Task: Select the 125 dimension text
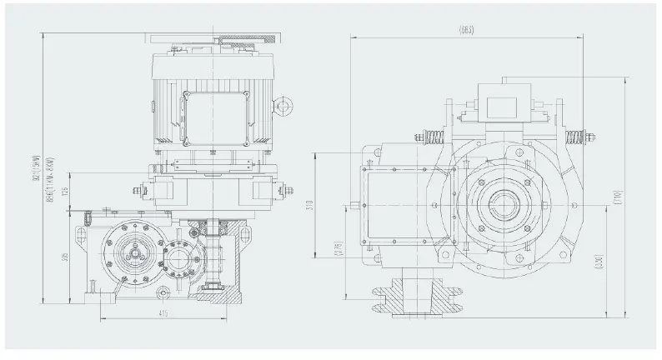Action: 66,193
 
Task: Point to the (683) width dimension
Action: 466,31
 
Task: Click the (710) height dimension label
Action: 619,198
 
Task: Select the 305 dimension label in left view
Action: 66,259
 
